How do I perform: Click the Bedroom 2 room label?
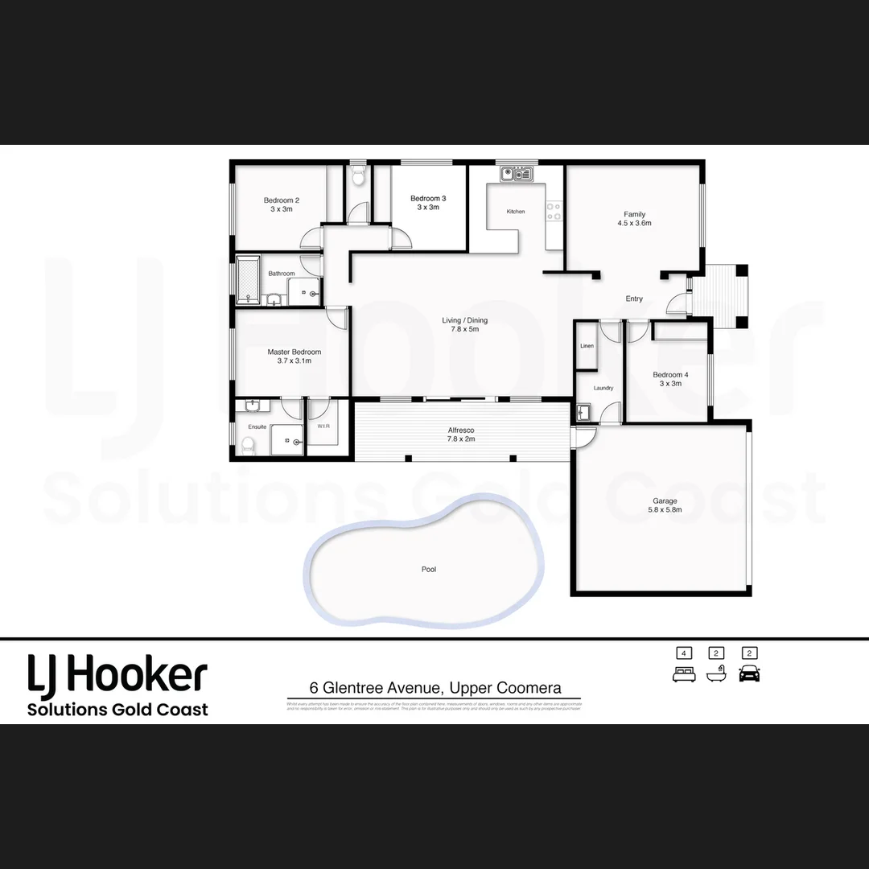pos(282,200)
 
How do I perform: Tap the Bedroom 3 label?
pos(428,199)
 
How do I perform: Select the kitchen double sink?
pos(517,173)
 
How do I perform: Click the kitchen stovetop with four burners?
pos(554,211)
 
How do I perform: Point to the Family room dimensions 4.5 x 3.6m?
pos(635,223)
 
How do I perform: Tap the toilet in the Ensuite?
pos(248,443)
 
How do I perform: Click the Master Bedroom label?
pos(294,352)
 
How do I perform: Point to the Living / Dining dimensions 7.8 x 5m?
pos(465,329)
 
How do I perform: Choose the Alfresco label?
pos(462,430)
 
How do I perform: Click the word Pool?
pos(429,569)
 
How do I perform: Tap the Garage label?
pos(665,500)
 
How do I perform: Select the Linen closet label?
pos(587,346)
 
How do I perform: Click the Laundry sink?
pos(584,413)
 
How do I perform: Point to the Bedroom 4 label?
pos(670,375)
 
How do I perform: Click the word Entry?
pos(634,299)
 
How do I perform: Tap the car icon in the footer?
pos(749,673)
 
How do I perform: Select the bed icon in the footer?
pos(684,673)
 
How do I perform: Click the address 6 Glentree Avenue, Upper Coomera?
pos(435,688)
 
